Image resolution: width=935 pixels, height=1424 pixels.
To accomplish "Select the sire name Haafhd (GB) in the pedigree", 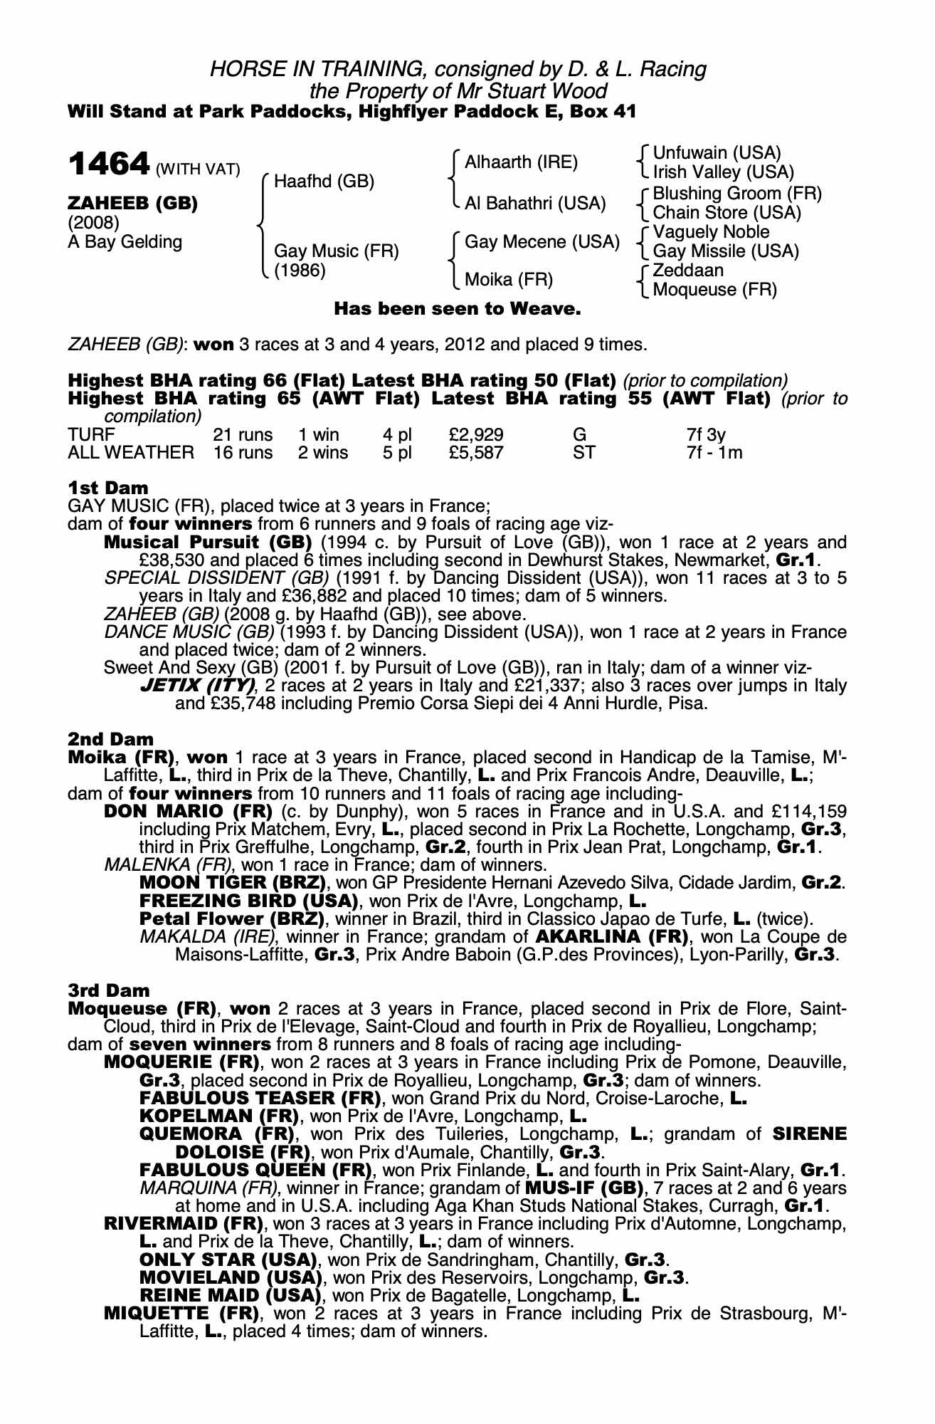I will pos(324,182).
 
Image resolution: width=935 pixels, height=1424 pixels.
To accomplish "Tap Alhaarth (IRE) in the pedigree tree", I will pos(521,162).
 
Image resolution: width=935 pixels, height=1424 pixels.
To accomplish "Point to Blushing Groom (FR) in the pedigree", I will pos(736,194).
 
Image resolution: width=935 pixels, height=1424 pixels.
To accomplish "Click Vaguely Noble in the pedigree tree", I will pos(711,232).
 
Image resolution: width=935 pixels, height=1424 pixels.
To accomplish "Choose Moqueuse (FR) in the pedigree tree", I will pos(714,290).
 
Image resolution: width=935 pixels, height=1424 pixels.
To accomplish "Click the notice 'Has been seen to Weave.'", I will pos(458,309).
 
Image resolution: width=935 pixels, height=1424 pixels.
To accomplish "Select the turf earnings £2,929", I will pos(476,434).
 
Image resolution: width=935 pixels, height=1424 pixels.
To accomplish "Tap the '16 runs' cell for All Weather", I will pos(243,453).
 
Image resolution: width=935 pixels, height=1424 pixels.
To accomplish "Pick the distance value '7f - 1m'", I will pos(714,453).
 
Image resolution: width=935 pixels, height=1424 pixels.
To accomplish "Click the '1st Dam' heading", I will pos(108,488).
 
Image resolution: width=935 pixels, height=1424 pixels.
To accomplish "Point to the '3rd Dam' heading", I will pos(109,990).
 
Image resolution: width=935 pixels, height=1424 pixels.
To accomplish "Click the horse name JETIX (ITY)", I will pos(198,686).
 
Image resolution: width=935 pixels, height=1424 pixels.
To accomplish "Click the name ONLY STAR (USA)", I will pos(225,1260).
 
